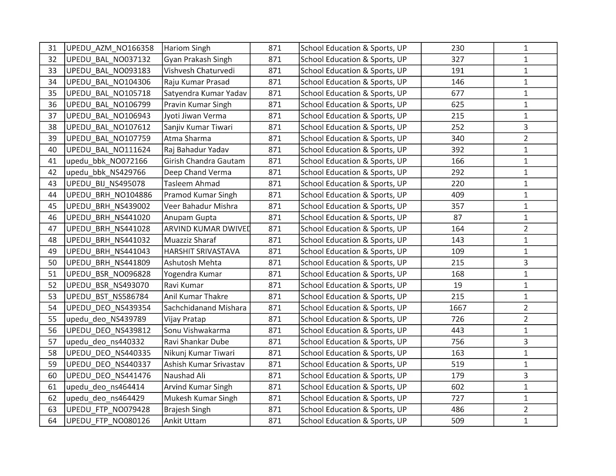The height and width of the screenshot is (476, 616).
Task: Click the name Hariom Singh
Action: pos(187,48)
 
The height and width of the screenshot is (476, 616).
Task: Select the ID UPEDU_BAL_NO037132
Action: pos(108,59)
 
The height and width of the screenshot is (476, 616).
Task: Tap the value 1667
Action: pos(457,308)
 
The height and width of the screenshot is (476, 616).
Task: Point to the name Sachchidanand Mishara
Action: pos(205,308)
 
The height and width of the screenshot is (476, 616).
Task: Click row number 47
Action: pos(52,229)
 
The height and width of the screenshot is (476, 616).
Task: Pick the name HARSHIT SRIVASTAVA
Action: pos(202,251)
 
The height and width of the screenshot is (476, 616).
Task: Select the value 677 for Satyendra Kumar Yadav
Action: pos(457,93)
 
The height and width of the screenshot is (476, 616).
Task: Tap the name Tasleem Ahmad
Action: pos(192,184)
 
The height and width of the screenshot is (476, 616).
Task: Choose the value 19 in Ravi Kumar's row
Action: pos(457,285)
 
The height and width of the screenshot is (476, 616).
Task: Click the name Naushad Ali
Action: pos(184,375)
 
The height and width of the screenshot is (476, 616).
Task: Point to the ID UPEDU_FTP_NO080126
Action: pos(108,421)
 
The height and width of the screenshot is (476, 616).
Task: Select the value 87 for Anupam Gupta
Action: pos(457,218)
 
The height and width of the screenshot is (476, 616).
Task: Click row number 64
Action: pos(52,421)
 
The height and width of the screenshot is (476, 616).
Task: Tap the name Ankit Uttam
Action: pos(185,421)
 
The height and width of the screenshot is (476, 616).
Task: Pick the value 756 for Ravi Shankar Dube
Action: pos(457,342)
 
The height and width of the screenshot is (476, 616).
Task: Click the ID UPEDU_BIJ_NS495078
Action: pos(105,184)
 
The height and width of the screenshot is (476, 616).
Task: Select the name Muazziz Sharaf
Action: pos(190,240)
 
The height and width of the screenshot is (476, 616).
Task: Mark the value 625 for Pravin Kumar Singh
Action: pos(457,104)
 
